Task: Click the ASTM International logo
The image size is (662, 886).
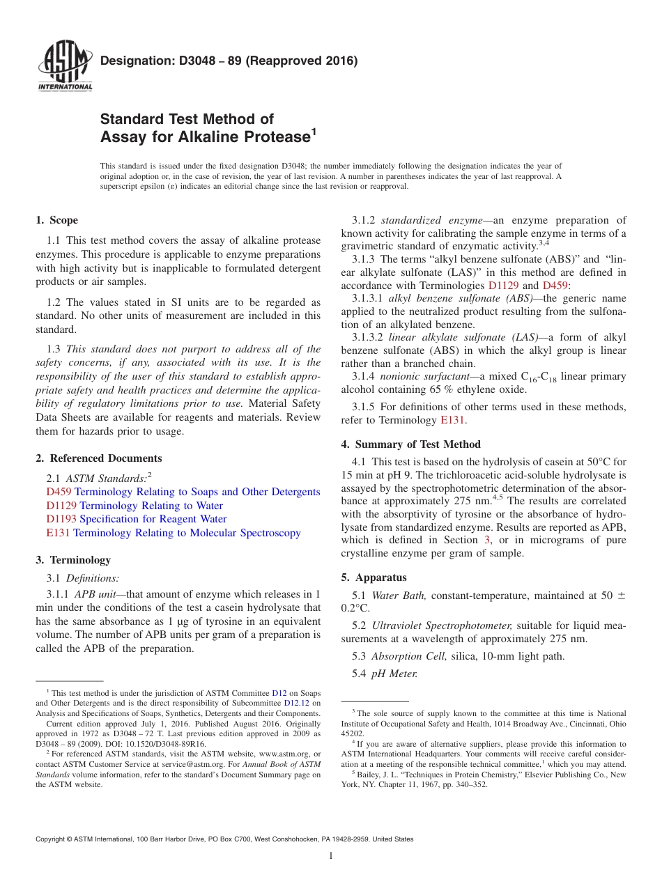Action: tap(64, 68)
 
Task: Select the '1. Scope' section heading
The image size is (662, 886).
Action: tap(56, 220)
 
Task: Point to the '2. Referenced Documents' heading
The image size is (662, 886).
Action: tap(98, 458)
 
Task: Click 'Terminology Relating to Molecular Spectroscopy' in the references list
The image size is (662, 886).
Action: tap(187, 533)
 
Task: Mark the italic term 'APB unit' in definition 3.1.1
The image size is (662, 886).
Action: tap(95, 594)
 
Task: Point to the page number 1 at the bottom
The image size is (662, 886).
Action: tap(331, 856)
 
